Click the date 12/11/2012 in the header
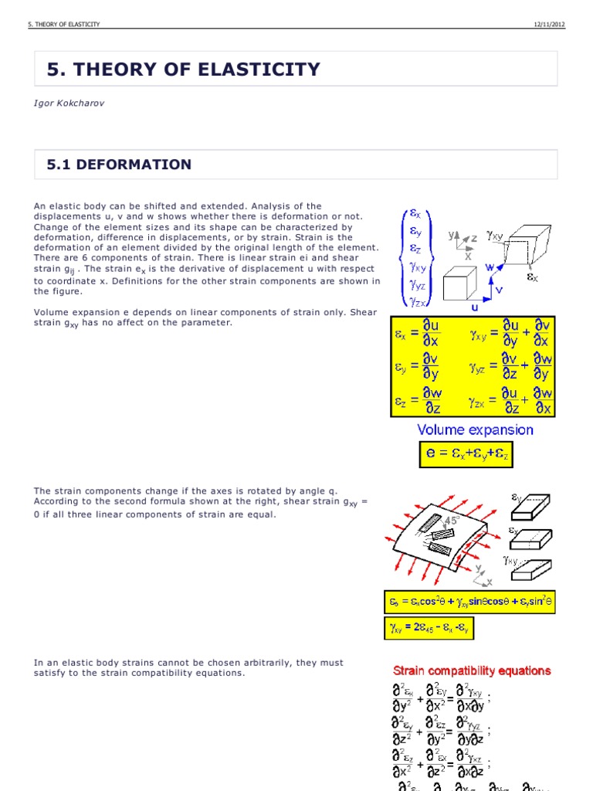(549, 25)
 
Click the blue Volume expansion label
(475, 430)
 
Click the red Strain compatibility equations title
(472, 670)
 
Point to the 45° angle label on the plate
(451, 521)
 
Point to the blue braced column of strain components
(415, 258)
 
